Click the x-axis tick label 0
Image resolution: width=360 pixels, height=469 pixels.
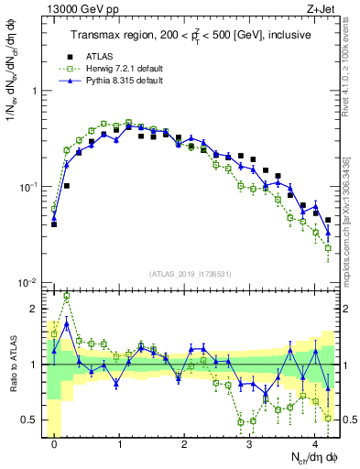click(x=55, y=442)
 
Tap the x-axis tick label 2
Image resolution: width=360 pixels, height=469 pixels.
click(x=185, y=442)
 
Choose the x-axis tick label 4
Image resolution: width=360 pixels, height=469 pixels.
click(x=315, y=442)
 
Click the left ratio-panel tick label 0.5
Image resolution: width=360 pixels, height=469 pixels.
click(x=34, y=420)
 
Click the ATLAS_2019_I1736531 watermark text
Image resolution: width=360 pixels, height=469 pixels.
click(x=191, y=274)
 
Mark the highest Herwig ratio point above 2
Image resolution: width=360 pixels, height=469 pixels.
click(x=67, y=297)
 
